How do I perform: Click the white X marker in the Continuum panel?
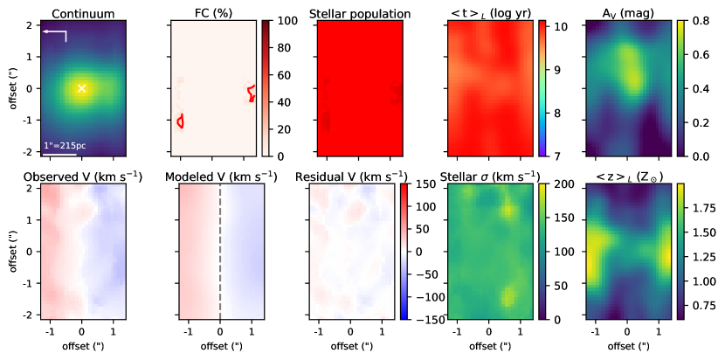(x=82, y=88)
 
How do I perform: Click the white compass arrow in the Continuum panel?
(x=55, y=34)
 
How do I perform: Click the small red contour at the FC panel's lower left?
(x=180, y=121)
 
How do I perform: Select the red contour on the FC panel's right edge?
(x=252, y=92)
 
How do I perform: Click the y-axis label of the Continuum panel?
(x=10, y=87)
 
